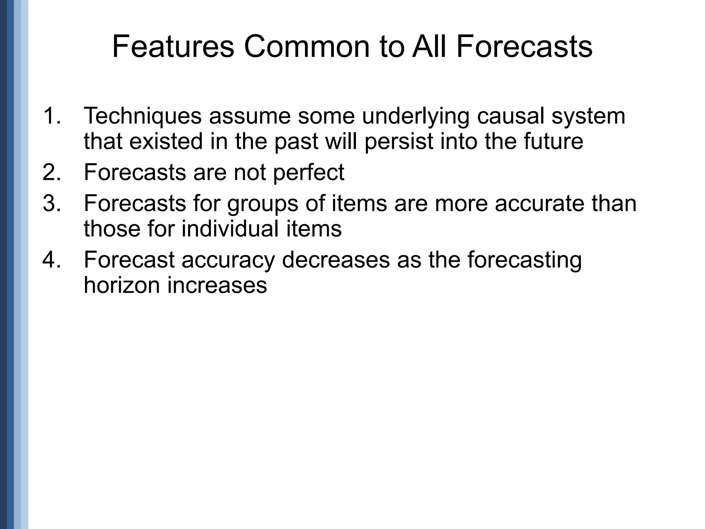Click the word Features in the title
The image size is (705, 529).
click(173, 47)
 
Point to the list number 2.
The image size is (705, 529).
click(52, 172)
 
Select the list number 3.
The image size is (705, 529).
click(52, 203)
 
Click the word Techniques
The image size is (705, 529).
click(143, 116)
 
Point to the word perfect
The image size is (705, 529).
click(309, 173)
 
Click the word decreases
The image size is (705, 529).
click(336, 260)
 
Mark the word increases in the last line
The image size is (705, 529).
click(217, 286)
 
